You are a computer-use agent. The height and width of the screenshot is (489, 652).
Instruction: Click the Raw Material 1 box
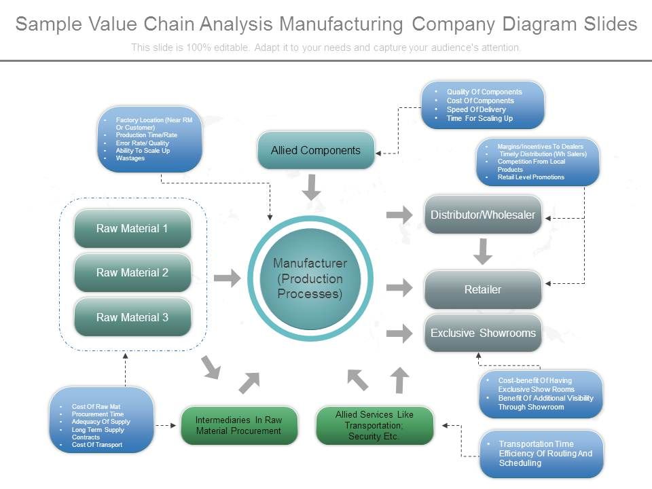[x=132, y=229]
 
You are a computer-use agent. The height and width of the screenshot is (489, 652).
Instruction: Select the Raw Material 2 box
[x=132, y=273]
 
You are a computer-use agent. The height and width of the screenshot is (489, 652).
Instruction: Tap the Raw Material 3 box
[x=132, y=317]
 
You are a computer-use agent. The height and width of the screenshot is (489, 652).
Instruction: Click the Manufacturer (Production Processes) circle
[x=310, y=278]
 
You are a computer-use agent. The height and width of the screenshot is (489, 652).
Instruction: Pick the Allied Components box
[x=316, y=150]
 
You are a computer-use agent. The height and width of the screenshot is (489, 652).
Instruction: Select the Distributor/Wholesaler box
[x=483, y=215]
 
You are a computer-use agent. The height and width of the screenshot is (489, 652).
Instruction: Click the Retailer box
[x=483, y=289]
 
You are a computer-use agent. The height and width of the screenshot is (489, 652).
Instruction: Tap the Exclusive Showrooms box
[x=483, y=333]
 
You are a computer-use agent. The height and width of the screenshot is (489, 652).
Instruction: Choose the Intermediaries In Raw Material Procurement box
[x=239, y=425]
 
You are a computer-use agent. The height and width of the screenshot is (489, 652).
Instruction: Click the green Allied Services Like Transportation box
[x=374, y=425]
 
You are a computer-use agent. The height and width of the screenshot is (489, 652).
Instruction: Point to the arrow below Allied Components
[x=312, y=187]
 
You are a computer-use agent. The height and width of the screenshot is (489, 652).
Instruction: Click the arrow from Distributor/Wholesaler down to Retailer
[x=483, y=251]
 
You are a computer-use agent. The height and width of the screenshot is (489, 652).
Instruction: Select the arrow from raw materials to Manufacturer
[x=228, y=278]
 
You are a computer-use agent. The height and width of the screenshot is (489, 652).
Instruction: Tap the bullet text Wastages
[x=130, y=158]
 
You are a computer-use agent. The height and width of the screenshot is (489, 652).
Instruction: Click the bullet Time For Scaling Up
[x=479, y=118]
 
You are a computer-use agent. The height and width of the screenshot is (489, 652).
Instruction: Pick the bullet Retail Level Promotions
[x=530, y=177]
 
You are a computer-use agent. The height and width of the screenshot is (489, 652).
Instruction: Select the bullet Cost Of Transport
[x=97, y=445]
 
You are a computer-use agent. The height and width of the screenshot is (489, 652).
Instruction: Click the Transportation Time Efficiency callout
[x=541, y=454]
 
